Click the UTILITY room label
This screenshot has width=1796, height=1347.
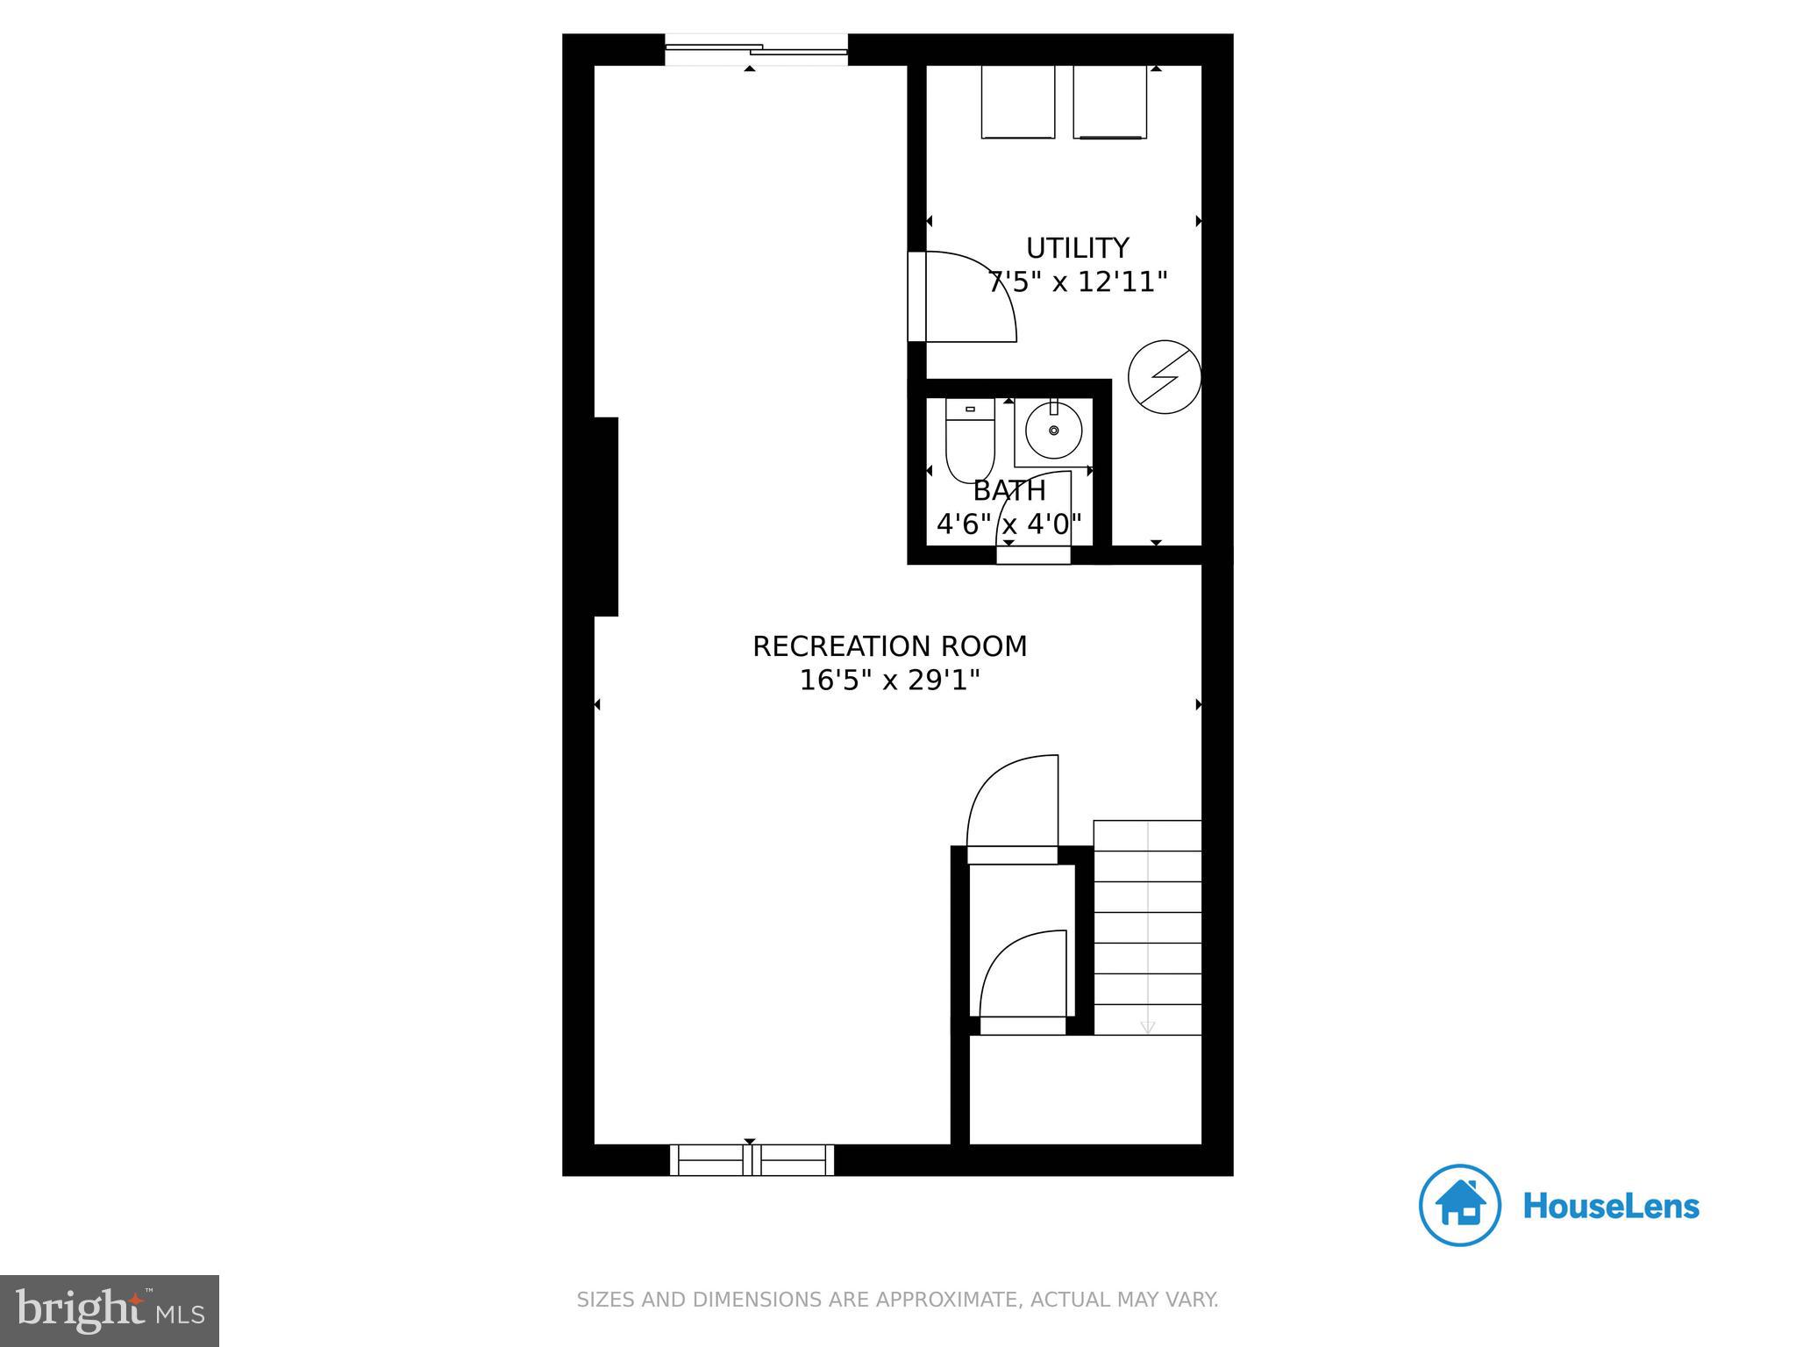[1077, 248]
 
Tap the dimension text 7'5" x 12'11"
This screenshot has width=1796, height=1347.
[1078, 282]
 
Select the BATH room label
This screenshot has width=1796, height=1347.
[1009, 490]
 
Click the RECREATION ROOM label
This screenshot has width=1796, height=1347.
[889, 646]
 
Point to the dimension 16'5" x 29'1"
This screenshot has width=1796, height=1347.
[889, 681]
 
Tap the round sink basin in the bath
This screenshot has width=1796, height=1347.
[1053, 431]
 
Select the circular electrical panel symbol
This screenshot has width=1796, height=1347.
[1165, 377]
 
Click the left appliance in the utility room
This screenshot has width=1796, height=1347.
[1018, 101]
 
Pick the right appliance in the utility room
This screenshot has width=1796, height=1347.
[1109, 101]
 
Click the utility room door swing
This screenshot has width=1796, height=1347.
[965, 296]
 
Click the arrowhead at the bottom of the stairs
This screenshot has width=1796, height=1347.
[1147, 1027]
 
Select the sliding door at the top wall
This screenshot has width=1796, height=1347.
[756, 50]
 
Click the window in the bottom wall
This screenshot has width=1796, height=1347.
[752, 1159]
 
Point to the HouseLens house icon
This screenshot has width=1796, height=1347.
[1460, 1205]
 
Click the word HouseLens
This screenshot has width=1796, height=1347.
[1611, 1206]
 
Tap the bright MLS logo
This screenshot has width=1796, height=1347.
[110, 1310]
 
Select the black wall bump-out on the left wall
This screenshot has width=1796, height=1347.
[606, 517]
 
